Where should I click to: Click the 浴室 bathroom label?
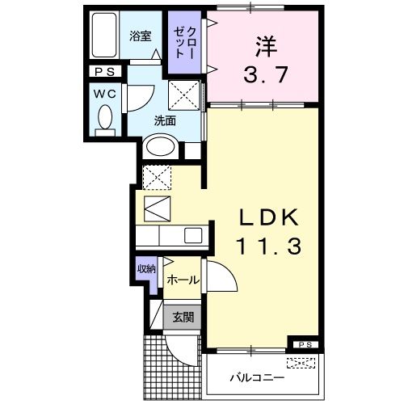[x=141, y=36]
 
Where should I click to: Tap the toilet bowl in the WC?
[x=103, y=120]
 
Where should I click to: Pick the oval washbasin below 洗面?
[x=160, y=148]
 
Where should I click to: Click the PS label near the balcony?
[x=305, y=346]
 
